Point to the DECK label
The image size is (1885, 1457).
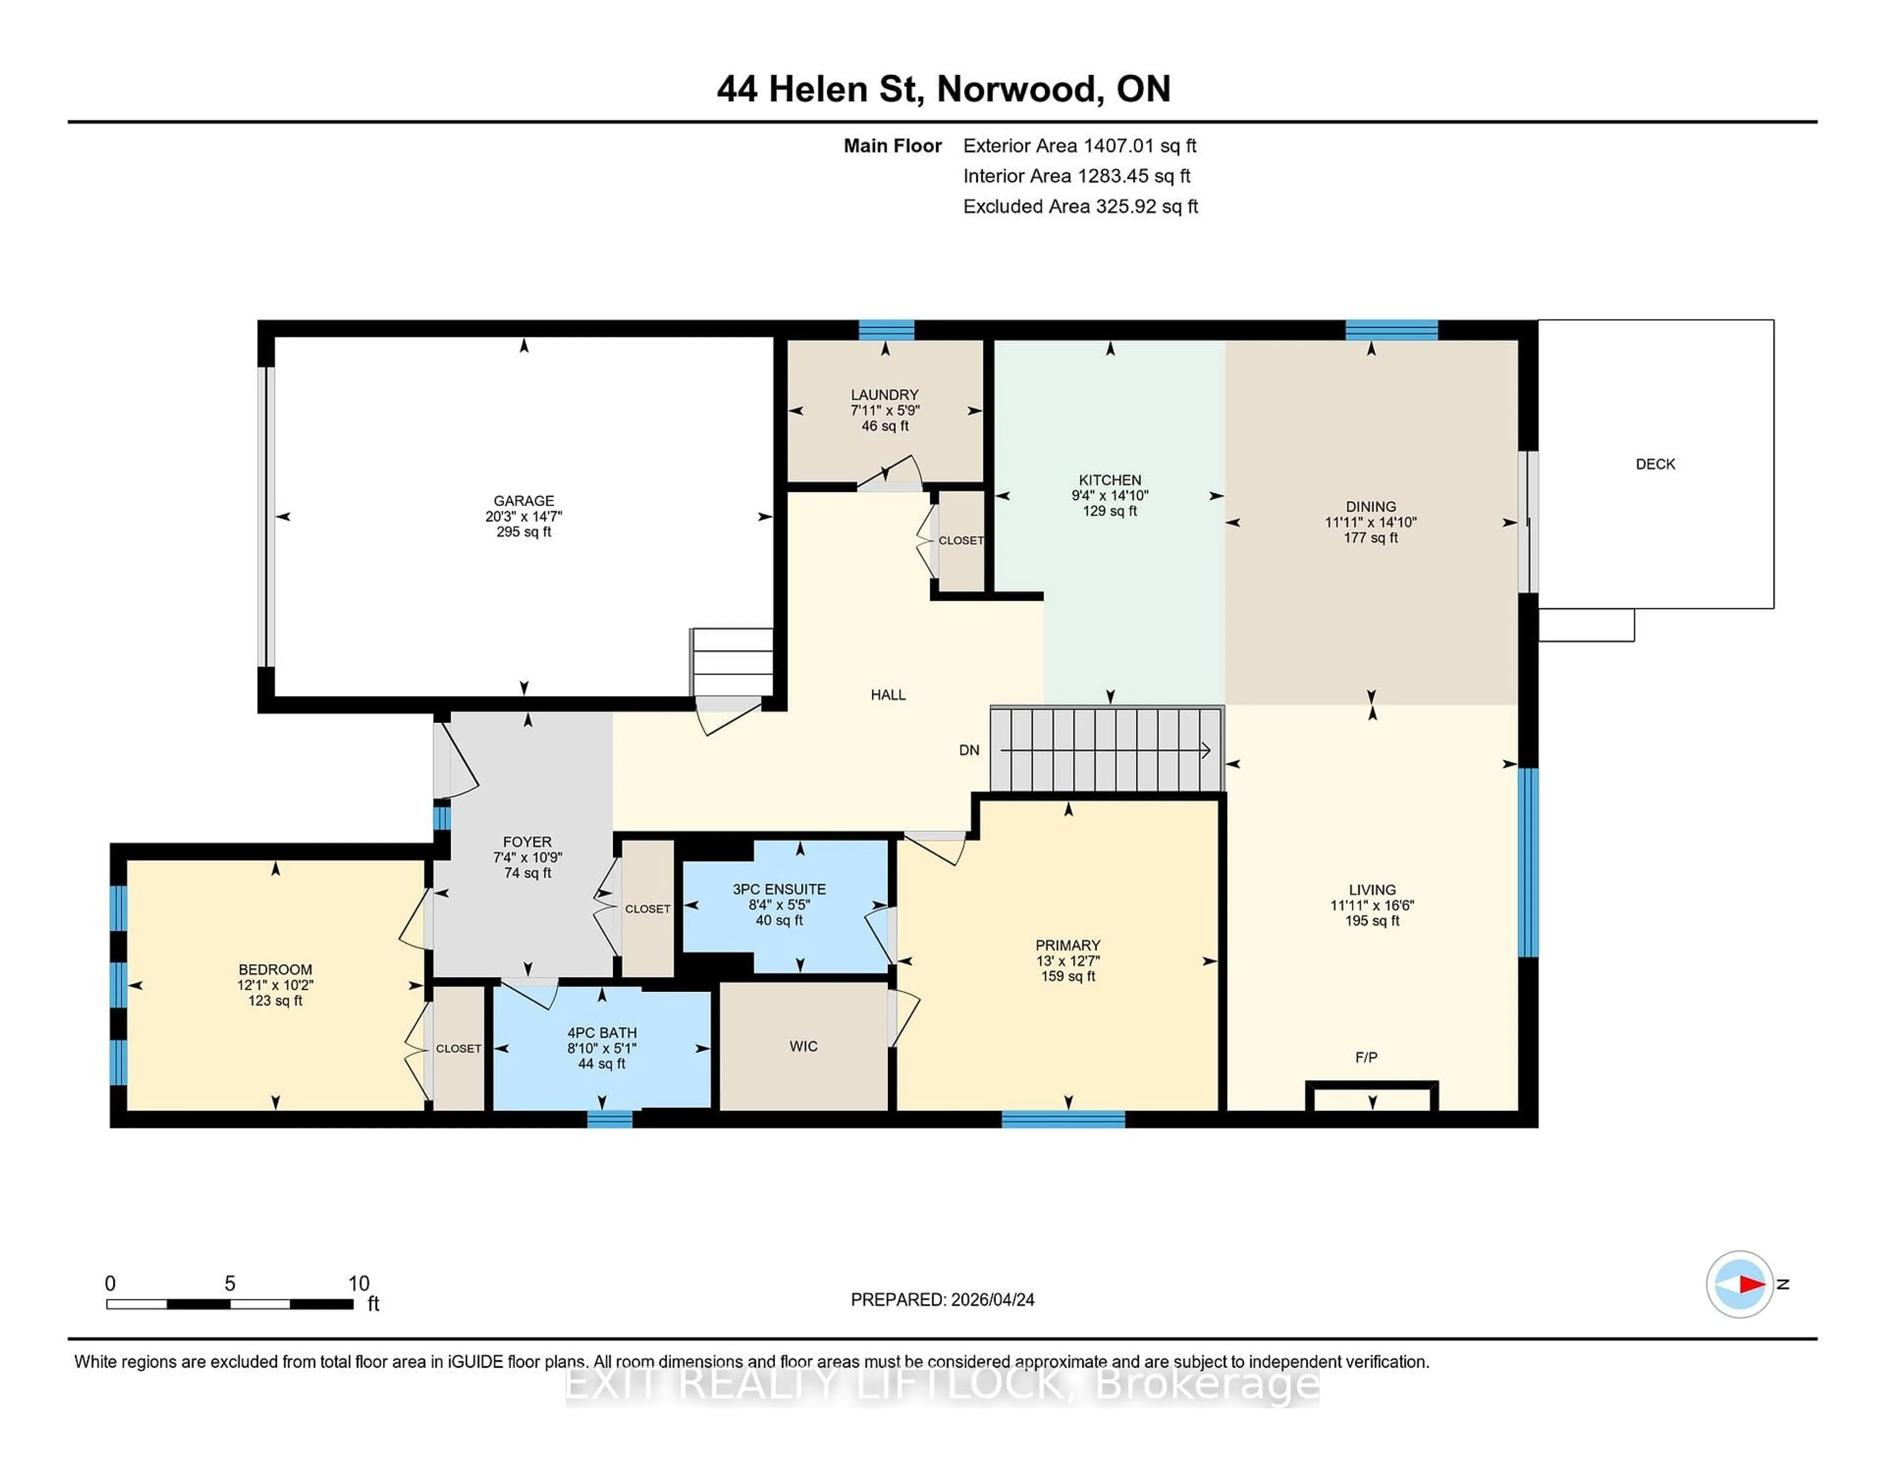[1655, 464]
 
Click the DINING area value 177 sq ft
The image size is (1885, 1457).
[1371, 538]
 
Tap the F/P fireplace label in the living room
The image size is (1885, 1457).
[1366, 1057]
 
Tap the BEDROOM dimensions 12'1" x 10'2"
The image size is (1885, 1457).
[275, 985]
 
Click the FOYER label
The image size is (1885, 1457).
[527, 841]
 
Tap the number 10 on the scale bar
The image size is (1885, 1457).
[358, 1284]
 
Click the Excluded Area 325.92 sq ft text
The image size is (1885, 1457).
[1080, 206]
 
